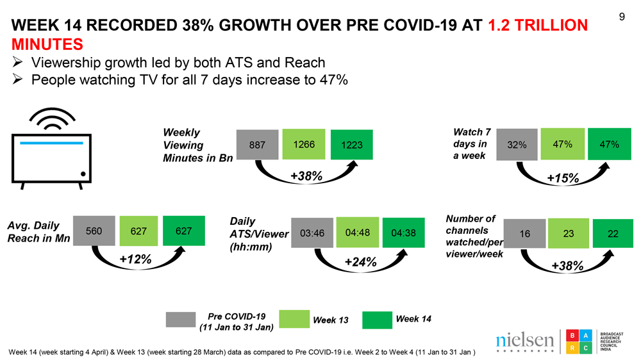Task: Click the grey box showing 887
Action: click(x=258, y=145)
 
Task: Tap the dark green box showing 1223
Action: click(x=351, y=145)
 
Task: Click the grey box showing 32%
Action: click(x=516, y=145)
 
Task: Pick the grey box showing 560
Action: click(x=94, y=231)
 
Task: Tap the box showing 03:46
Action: click(x=312, y=233)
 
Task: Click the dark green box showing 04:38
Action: click(x=403, y=234)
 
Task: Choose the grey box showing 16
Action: click(x=524, y=234)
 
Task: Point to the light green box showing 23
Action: click(x=568, y=234)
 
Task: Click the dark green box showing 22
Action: click(x=613, y=234)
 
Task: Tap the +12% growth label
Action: click(x=136, y=259)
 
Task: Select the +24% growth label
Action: click(x=360, y=262)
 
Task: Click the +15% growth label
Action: click(x=563, y=178)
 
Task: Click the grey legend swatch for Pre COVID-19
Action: click(x=180, y=320)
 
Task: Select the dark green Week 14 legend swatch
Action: click(x=376, y=320)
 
